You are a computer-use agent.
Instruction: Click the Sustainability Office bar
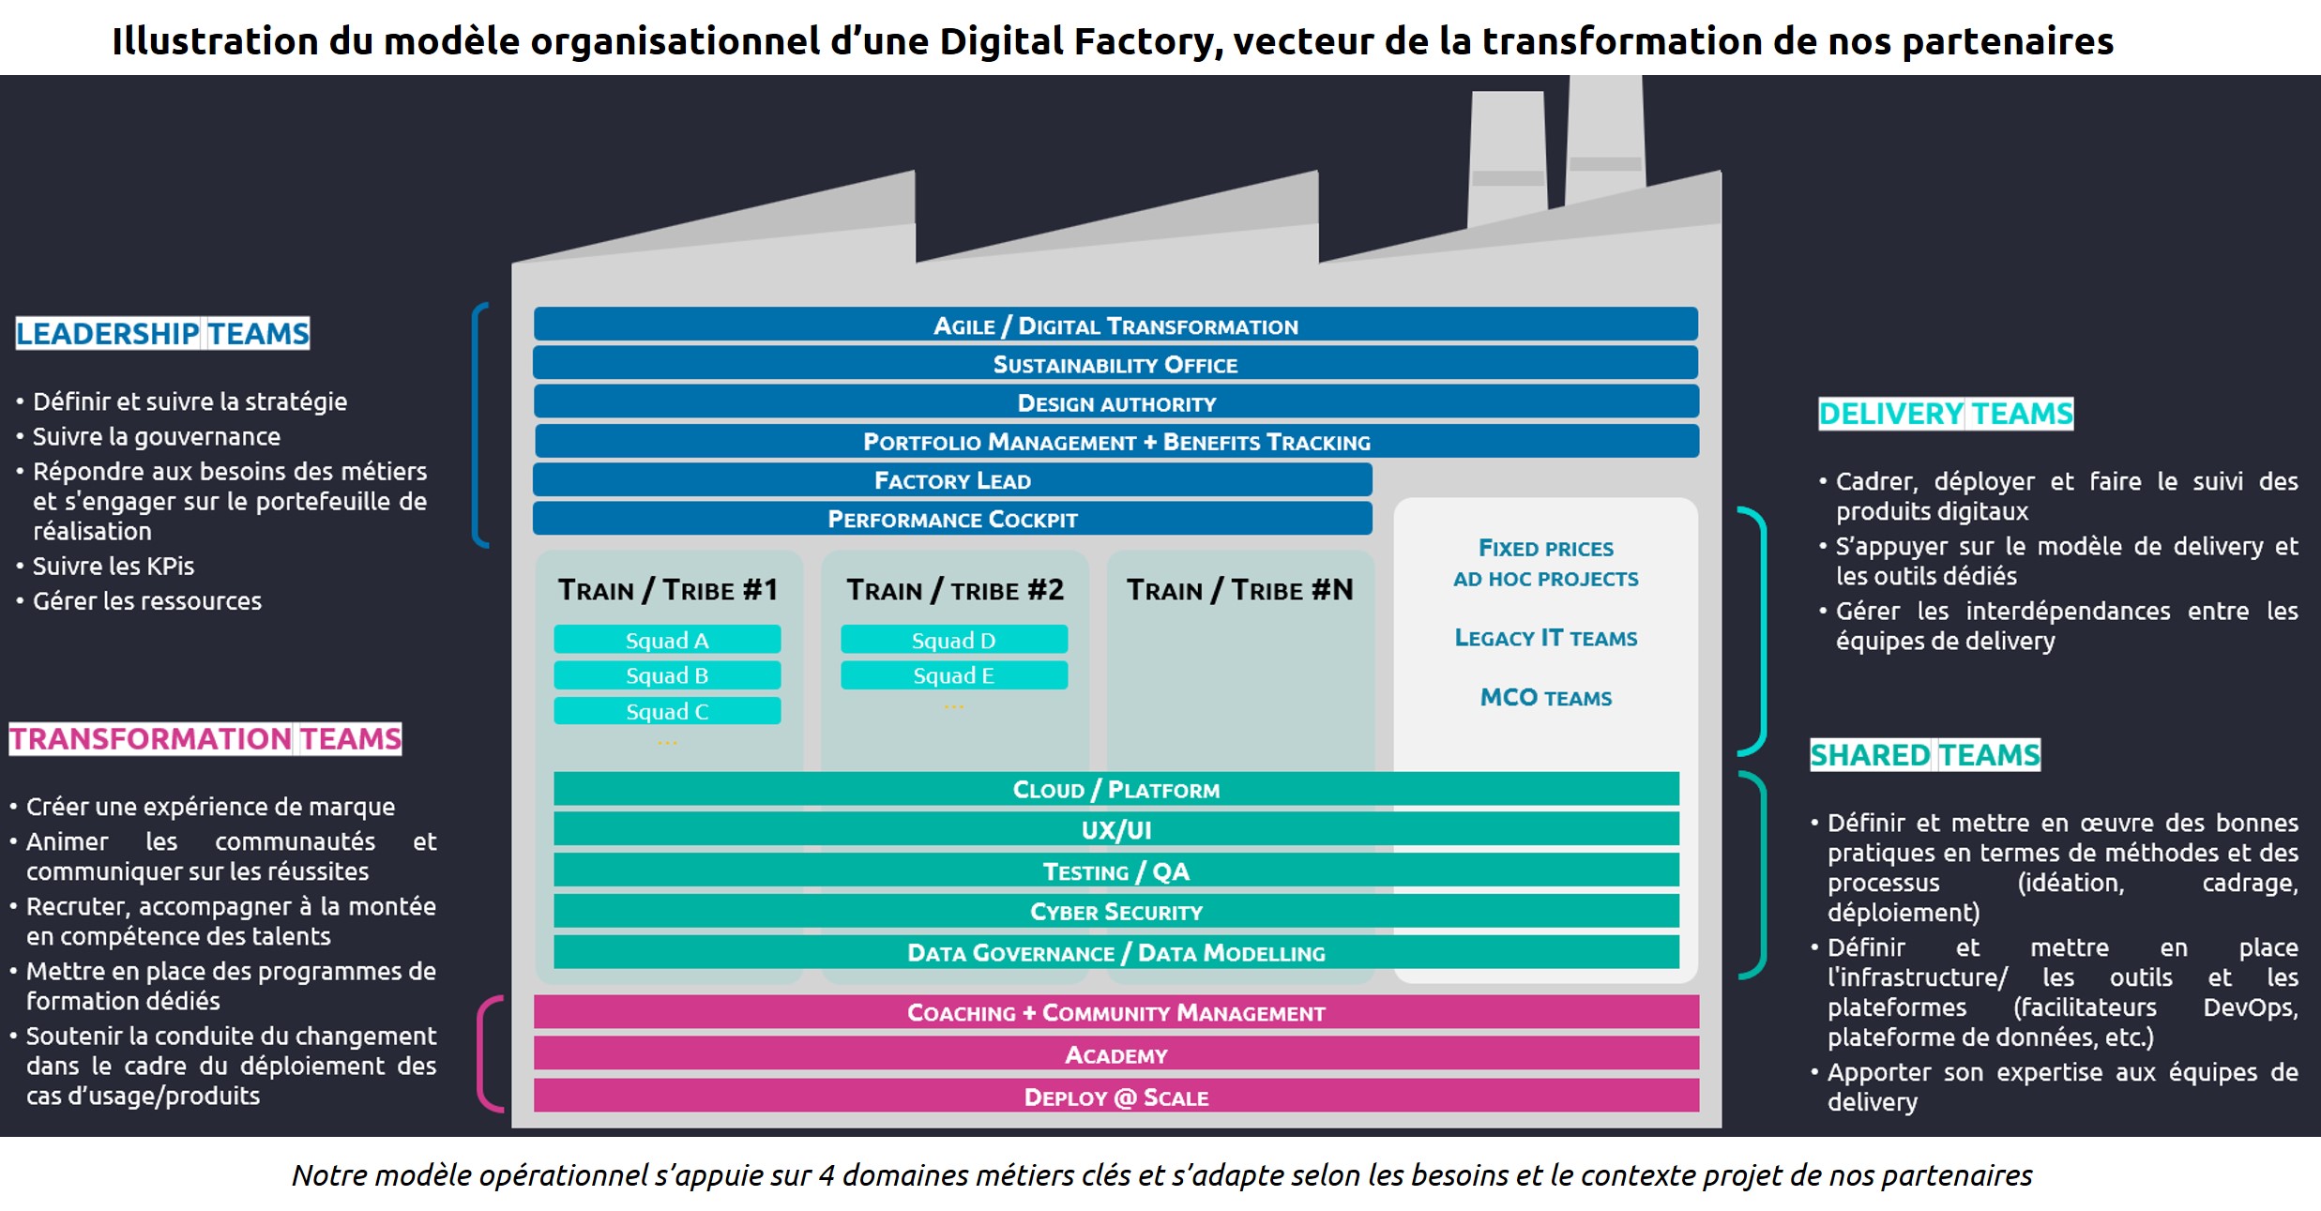[1115, 364]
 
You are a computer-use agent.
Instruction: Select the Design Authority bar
[1116, 402]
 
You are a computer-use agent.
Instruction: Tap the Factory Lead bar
[952, 480]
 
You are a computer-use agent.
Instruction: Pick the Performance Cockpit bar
[952, 519]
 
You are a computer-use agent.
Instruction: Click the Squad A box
[667, 640]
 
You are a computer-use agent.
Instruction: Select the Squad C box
[667, 711]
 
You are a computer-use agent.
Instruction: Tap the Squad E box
[954, 675]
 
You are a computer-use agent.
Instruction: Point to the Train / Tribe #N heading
[1240, 590]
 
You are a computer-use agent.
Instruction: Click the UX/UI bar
[1116, 829]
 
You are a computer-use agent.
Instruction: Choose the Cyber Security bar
[1116, 911]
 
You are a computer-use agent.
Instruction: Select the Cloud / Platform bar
[1116, 789]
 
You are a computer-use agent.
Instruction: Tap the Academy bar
[1116, 1054]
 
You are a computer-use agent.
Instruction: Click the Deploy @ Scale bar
[1116, 1097]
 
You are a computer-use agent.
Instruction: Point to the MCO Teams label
[1546, 697]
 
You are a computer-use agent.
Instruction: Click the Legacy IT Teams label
[1546, 638]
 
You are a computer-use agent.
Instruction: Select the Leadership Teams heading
[162, 333]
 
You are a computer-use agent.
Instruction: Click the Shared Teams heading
[1925, 754]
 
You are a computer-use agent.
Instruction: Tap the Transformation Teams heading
[205, 738]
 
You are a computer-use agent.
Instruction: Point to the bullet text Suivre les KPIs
[114, 566]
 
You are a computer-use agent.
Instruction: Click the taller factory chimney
[1604, 141]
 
